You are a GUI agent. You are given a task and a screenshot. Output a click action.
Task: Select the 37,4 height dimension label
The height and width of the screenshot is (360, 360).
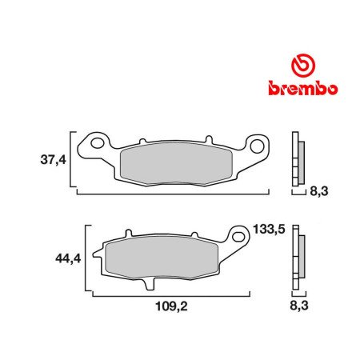(x=54, y=160)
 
